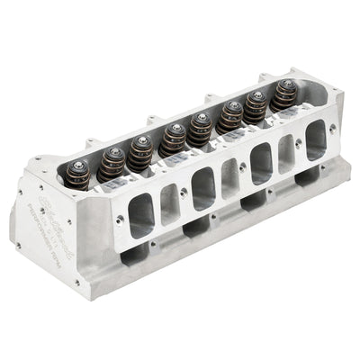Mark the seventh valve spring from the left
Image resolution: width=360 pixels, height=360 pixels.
point(257,105)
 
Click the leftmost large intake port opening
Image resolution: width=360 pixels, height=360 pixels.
point(141,215)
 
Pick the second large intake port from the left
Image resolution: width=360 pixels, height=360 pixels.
point(203,187)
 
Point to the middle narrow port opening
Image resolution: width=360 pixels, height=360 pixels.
point(229,175)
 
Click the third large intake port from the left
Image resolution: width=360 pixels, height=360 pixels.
point(260,163)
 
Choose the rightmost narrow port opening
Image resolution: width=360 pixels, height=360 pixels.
point(286,151)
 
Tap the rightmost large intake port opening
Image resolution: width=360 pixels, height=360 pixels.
point(315,139)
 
